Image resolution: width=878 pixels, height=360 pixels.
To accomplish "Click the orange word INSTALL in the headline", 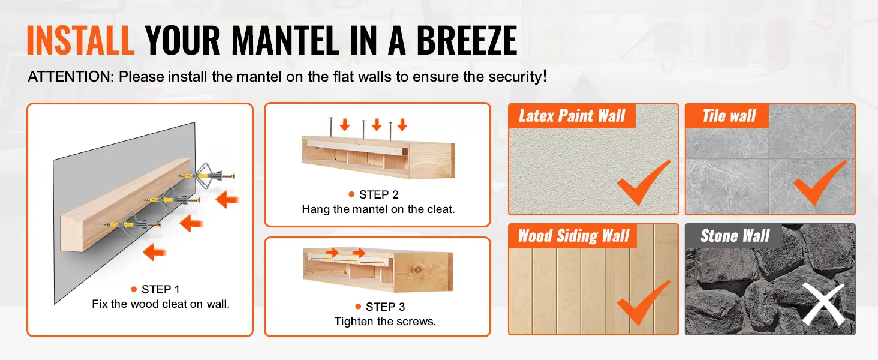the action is tap(80, 40).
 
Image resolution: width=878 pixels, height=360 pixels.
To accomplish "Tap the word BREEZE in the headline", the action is tap(467, 40).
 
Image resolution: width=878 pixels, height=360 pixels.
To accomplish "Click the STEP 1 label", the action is tap(160, 289).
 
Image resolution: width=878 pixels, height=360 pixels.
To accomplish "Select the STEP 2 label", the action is tap(378, 194).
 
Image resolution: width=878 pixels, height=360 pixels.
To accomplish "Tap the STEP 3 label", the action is tap(385, 307).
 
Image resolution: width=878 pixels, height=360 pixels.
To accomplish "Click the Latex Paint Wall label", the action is tap(572, 116).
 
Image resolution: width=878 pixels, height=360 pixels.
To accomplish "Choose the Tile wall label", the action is tap(729, 116).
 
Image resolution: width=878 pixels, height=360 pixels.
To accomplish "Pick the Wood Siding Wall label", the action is tap(573, 236).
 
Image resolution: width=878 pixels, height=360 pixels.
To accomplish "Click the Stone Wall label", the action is tap(735, 236).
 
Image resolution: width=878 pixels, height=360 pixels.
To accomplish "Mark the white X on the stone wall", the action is tap(823, 304).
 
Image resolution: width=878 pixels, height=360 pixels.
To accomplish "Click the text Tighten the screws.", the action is tap(385, 322).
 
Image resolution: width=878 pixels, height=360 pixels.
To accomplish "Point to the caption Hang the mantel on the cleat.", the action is tap(378, 209).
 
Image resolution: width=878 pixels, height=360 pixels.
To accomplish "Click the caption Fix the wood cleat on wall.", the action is tap(161, 304).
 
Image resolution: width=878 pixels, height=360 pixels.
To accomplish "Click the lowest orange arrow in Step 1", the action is tap(155, 252).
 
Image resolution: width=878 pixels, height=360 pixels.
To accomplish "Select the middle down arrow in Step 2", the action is tap(377, 124).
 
